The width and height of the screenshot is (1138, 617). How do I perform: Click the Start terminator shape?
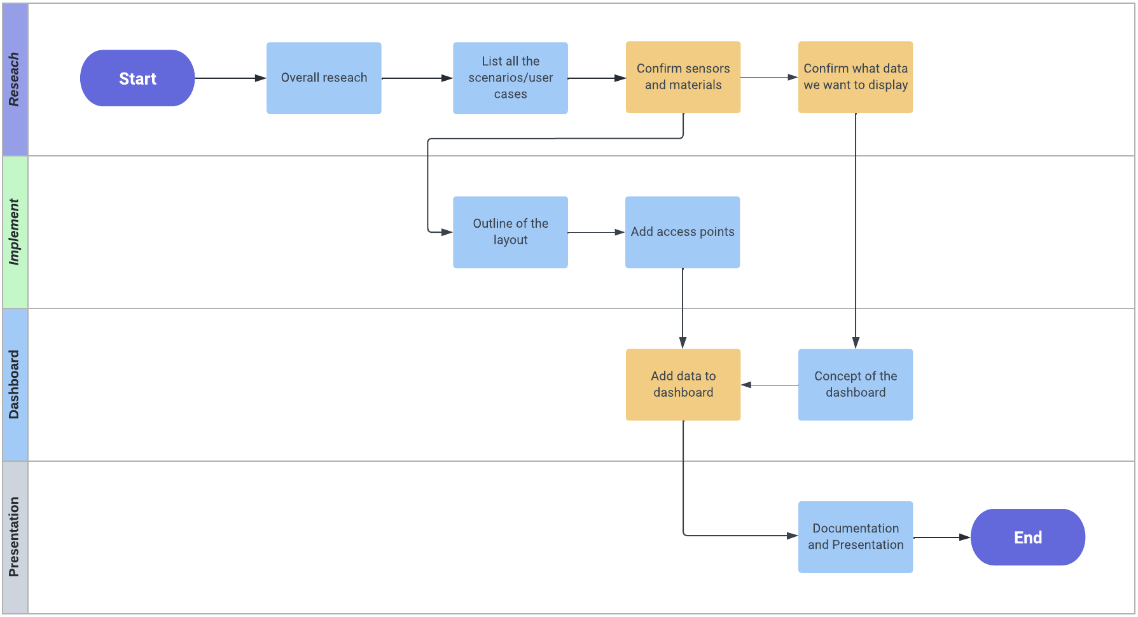(137, 78)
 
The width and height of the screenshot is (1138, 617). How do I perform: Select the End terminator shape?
(1027, 537)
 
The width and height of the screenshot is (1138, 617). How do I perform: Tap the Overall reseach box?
(324, 78)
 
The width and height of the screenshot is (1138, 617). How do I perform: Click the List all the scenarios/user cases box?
(510, 78)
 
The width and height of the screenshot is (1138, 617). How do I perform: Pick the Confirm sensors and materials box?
(683, 77)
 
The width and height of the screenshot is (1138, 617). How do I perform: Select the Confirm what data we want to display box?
(856, 77)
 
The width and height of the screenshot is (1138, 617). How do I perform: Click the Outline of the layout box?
(510, 232)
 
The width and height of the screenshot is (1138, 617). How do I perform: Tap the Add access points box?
(683, 232)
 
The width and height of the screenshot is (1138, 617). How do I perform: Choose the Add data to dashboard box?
(683, 385)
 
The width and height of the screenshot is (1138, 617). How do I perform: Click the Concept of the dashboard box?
(856, 385)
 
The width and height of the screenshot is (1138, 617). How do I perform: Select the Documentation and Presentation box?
(856, 537)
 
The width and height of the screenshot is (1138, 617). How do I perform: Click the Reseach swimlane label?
(15, 80)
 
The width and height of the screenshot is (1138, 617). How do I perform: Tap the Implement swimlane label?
(15, 232)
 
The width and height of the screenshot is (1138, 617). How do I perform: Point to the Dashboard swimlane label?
(15, 385)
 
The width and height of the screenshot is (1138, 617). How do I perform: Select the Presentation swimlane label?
(15, 537)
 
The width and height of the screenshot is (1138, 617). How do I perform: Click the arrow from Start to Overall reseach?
(229, 78)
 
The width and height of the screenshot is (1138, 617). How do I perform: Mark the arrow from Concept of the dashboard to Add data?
(770, 385)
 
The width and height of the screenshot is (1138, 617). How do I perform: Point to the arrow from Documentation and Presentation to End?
(941, 537)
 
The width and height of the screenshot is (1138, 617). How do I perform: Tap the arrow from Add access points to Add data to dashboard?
(683, 308)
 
